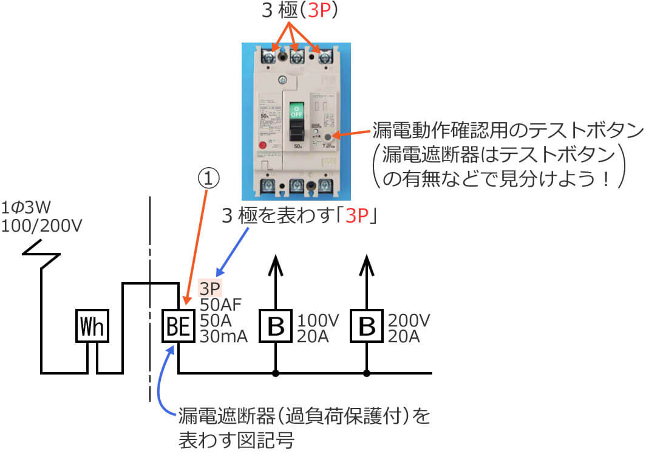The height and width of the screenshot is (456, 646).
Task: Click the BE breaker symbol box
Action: [178, 327]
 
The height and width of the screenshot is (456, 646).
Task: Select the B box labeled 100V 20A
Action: [276, 327]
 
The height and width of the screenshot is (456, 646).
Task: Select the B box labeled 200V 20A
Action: [367, 327]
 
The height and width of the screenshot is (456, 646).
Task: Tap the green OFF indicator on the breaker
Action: [296, 110]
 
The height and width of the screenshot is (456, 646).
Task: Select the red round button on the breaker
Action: [263, 146]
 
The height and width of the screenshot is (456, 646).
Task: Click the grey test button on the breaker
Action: [328, 137]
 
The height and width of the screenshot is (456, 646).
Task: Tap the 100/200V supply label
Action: [41, 226]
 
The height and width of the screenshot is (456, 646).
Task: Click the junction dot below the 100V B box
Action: [276, 372]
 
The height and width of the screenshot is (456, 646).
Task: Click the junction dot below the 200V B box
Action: [367, 372]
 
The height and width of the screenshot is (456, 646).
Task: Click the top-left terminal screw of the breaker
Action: [268, 58]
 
